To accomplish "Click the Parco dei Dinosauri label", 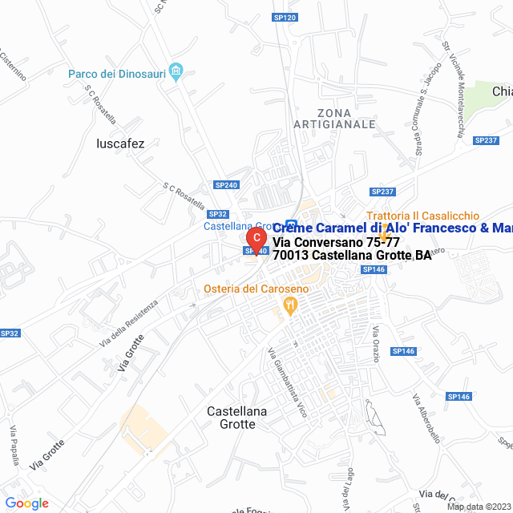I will click(x=116, y=75).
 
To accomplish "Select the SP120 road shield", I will click(x=285, y=18).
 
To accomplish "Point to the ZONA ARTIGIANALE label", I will click(x=334, y=118).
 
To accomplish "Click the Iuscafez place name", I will click(x=119, y=144).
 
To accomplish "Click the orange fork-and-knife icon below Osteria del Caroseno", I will click(x=290, y=305).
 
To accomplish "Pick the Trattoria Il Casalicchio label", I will click(x=422, y=216).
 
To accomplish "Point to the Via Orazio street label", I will click(x=374, y=342).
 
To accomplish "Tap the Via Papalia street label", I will click(x=14, y=443).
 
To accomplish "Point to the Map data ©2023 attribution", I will click(x=479, y=507).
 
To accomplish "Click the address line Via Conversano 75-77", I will click(x=336, y=242).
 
